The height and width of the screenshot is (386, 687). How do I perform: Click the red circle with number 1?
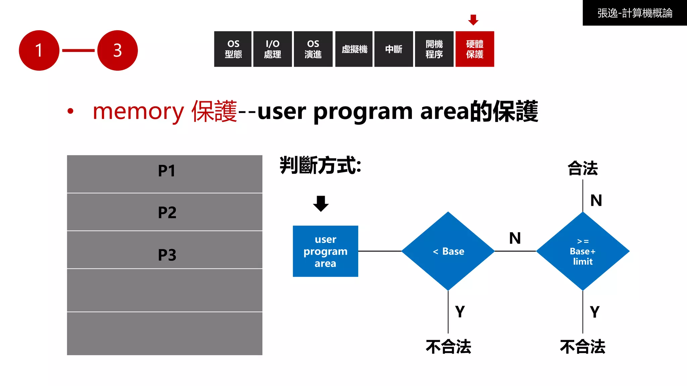(x=39, y=50)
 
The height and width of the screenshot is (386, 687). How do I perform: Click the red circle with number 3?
(x=117, y=50)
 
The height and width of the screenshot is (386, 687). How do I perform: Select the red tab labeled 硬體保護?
(x=474, y=49)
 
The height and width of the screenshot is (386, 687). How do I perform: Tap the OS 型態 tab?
(x=233, y=49)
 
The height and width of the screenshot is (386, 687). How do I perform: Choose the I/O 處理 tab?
(x=272, y=49)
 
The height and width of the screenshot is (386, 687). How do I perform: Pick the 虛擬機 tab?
(x=354, y=49)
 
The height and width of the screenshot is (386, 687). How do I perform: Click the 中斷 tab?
(x=393, y=49)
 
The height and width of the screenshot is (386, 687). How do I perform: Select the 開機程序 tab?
(x=434, y=49)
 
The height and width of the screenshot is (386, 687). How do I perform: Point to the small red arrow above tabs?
(x=473, y=20)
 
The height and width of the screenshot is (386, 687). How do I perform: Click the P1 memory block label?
(x=167, y=171)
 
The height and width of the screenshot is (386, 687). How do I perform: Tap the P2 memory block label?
(x=167, y=212)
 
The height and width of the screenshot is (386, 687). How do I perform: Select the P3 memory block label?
(x=167, y=255)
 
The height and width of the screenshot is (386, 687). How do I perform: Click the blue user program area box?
(x=325, y=251)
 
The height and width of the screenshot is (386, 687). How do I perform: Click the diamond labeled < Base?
(x=448, y=251)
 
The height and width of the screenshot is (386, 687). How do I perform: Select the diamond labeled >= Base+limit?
(x=583, y=251)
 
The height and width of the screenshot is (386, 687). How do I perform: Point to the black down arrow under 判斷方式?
(x=321, y=203)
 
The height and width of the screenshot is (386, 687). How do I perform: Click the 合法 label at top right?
(x=583, y=168)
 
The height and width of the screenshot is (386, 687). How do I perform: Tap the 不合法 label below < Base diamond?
(x=448, y=346)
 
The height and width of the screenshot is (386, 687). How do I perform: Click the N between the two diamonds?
(x=515, y=238)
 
